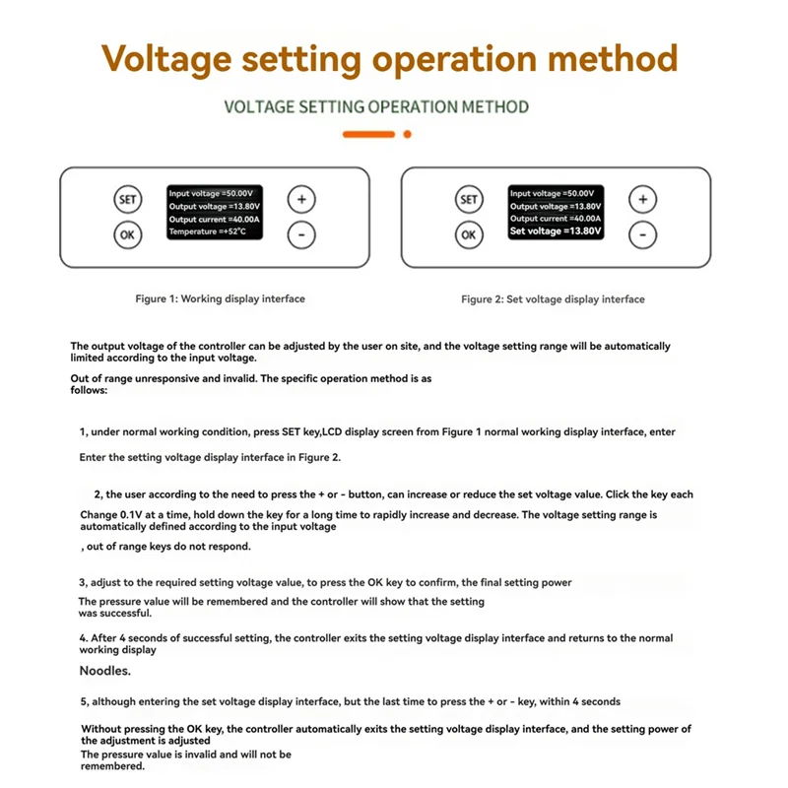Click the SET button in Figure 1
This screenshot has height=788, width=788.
pos(127,199)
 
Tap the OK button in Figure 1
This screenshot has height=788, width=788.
pos(127,234)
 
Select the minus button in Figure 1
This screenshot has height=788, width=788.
pos(301,234)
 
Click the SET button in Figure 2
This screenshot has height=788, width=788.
pos(469,199)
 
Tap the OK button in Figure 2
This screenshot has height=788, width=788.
pos(469,234)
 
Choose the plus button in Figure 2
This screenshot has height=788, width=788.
pos(642,199)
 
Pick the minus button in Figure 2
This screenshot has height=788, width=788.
pos(642,234)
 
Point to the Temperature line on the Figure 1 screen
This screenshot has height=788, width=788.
pos(209,232)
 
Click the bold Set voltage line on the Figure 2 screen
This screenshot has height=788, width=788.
pos(555,231)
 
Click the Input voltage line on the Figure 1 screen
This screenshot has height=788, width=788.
pos(211,194)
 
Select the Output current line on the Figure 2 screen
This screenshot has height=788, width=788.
pos(555,219)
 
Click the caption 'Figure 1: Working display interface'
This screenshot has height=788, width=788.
pos(220,298)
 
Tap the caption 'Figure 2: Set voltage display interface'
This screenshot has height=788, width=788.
pos(553,298)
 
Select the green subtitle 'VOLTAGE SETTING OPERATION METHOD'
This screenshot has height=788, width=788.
pos(376,106)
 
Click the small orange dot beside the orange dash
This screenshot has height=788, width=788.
pos(408,134)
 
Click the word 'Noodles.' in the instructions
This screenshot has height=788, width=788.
pos(103,671)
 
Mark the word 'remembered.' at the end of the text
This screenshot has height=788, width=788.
pos(112,766)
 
